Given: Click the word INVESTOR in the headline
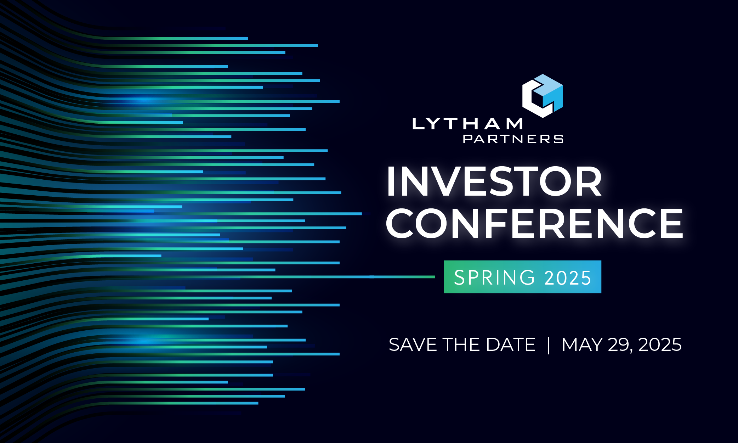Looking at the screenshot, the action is click(x=494, y=181).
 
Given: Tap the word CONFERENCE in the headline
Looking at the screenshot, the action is click(x=534, y=223).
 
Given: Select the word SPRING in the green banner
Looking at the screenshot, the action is click(x=494, y=277).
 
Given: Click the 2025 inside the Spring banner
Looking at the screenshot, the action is click(x=568, y=278).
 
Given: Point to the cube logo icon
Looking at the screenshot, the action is click(x=543, y=96).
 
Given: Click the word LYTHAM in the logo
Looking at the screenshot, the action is click(x=467, y=124).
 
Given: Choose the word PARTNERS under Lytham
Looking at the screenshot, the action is click(x=513, y=139).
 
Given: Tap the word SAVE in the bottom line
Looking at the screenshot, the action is click(x=413, y=344).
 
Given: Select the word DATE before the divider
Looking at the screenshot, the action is click(x=511, y=344).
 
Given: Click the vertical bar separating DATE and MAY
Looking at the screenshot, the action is click(x=549, y=345).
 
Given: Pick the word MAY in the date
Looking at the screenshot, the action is click(x=582, y=344).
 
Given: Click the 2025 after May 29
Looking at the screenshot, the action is click(x=660, y=344).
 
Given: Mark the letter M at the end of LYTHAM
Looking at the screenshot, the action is click(x=514, y=124).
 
